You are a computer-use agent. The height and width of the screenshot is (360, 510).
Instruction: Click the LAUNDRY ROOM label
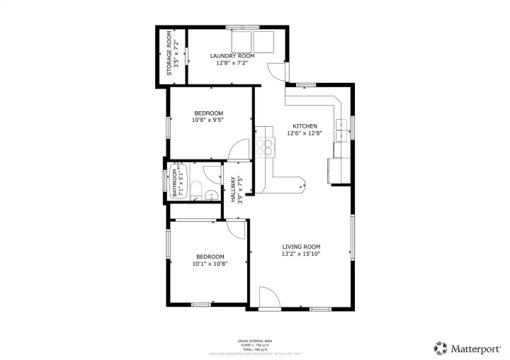click(232, 55)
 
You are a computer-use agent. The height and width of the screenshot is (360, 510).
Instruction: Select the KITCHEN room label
click(305, 126)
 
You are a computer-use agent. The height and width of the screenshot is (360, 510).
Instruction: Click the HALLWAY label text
click(233, 189)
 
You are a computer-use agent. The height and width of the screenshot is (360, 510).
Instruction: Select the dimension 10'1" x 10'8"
click(209, 264)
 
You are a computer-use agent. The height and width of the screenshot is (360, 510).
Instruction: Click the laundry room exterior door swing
click(275, 71)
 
